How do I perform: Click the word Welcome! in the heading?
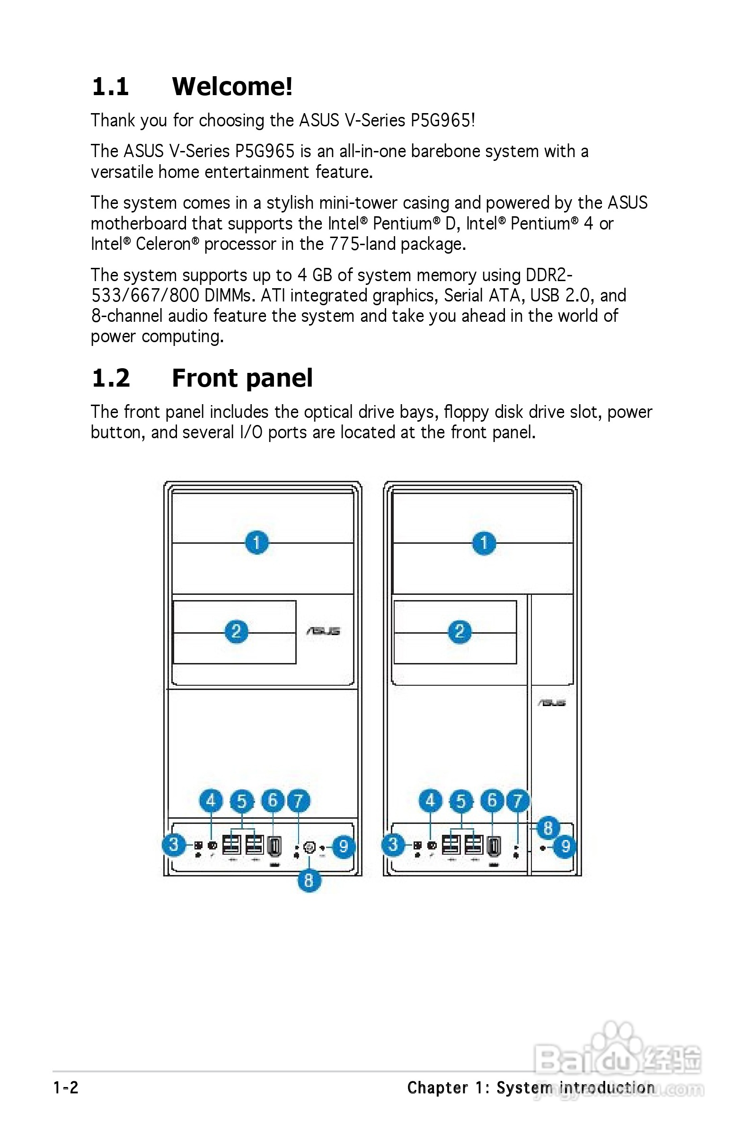232,87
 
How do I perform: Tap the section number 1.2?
111,378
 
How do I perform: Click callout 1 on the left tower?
256,542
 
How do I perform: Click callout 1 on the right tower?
484,542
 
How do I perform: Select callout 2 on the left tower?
236,631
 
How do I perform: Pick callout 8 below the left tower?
309,880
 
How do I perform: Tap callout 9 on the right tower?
565,847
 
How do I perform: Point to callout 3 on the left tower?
174,844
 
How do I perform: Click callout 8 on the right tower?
548,827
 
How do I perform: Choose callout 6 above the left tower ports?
273,800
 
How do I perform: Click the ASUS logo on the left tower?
323,631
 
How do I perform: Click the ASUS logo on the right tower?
552,703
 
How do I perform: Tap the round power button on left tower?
309,848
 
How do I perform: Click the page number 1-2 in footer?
66,1088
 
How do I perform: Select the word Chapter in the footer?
437,1088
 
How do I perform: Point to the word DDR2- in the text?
549,275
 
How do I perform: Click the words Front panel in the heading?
242,378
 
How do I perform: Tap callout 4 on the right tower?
430,800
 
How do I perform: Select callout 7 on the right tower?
517,800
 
